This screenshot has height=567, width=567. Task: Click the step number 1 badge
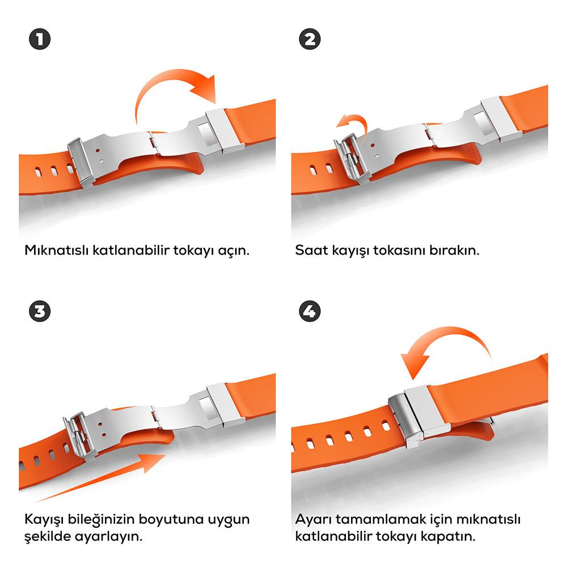coord(39,40)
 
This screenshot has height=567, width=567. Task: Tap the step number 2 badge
coord(310,40)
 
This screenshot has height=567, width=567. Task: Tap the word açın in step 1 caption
coord(233,250)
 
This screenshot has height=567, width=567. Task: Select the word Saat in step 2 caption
coord(310,250)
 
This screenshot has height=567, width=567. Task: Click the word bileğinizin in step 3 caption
coord(105,519)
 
